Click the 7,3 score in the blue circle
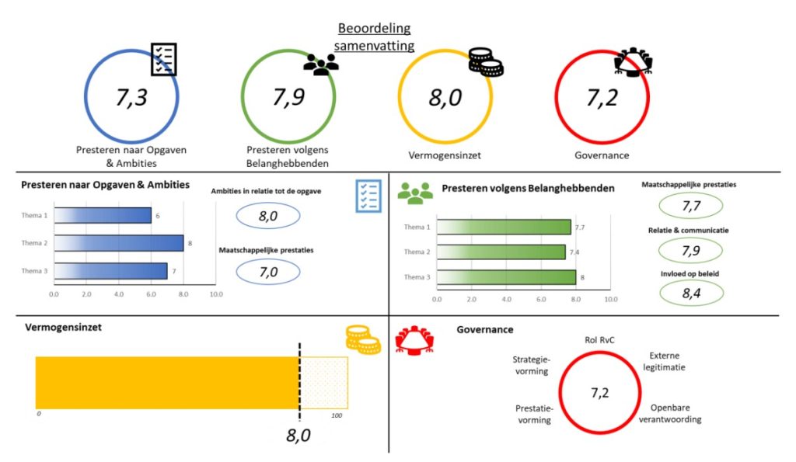coord(131,99)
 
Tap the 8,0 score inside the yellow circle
coord(445,99)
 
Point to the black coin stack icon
coord(486,62)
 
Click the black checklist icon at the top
coord(163,59)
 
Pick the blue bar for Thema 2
coord(118,243)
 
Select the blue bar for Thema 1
coord(102,215)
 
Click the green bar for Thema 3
coord(506,277)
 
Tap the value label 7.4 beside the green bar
coord(580,252)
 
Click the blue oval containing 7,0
coord(268,272)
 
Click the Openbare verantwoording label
coord(676,413)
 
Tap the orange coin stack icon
coord(362,340)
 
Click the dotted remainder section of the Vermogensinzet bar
coord(323,383)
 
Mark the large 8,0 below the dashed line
coord(299,436)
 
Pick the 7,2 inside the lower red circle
coord(599,392)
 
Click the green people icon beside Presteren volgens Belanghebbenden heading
coord(415,192)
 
